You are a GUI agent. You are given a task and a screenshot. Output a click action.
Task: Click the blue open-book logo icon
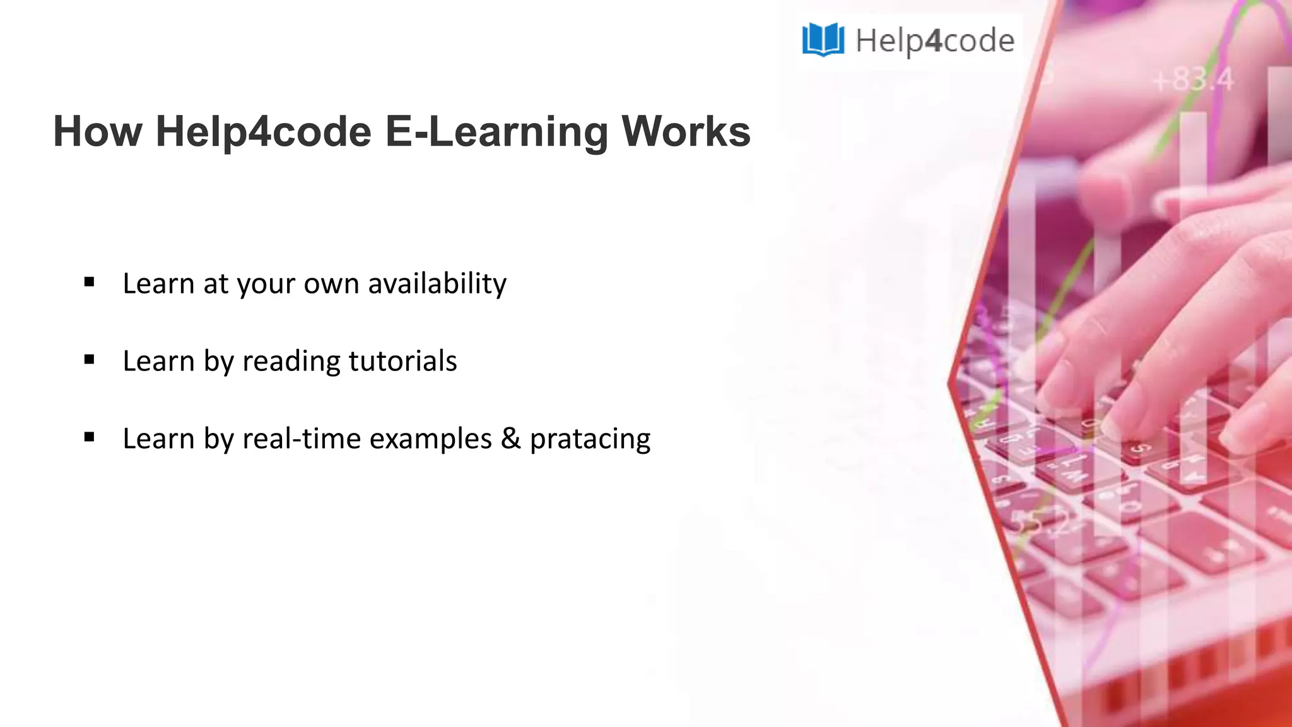823,39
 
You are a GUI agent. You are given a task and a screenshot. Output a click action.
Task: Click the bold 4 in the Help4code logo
934,40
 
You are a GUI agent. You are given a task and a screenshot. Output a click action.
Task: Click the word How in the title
98,132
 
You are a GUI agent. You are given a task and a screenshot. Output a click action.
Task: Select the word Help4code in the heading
263,132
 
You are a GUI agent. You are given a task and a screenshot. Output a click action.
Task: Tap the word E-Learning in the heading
496,132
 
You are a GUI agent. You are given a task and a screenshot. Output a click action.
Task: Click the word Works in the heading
686,132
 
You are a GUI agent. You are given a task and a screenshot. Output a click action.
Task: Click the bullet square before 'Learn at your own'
89,282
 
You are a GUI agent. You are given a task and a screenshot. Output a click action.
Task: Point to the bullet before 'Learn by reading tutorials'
89,360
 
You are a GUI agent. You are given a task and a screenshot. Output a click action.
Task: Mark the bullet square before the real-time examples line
89,437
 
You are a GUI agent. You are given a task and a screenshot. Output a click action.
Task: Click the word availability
437,283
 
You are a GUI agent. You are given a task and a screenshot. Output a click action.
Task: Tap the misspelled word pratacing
590,439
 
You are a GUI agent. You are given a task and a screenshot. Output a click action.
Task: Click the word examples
430,439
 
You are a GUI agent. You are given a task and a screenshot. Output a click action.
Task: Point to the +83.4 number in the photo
1192,80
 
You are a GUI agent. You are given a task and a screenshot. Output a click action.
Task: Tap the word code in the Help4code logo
978,40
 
